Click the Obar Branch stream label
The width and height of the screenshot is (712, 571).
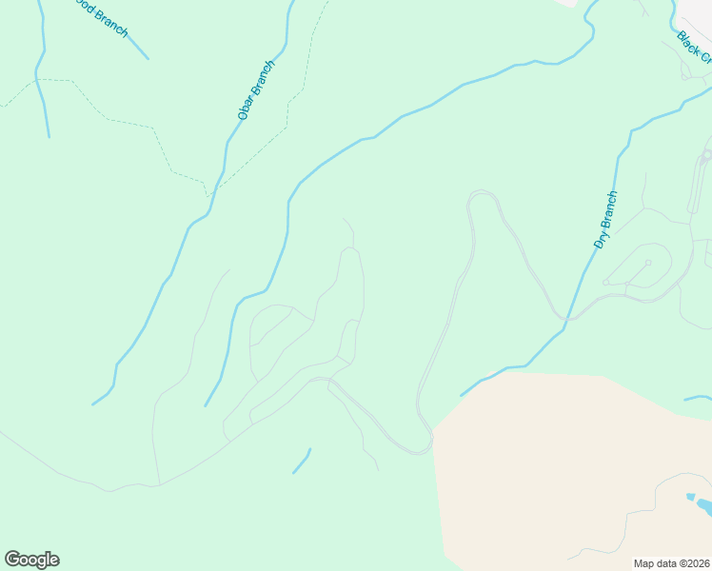tap(256, 90)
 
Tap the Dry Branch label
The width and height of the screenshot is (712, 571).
tap(605, 220)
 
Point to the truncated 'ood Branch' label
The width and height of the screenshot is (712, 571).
tap(99, 18)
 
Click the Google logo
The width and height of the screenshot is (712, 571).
tap(31, 560)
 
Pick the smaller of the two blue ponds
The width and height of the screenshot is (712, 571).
tap(690, 497)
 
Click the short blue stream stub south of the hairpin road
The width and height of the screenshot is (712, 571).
tap(302, 462)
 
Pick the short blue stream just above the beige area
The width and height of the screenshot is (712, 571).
tap(696, 398)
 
